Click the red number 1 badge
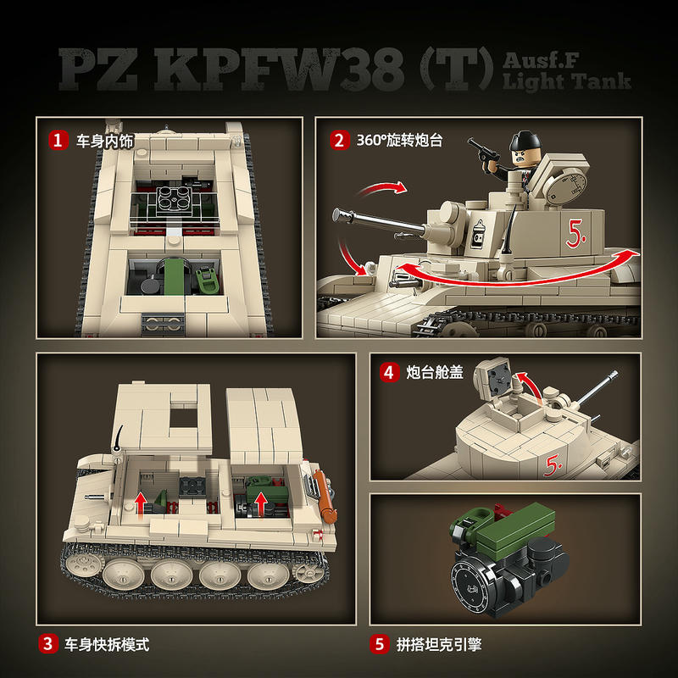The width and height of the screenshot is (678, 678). click(x=58, y=140)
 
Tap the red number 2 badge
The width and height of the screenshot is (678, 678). click(x=340, y=140)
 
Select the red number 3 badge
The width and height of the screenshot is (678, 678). click(x=47, y=643)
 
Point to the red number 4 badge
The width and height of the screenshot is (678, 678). click(x=389, y=372)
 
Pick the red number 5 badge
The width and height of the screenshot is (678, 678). click(x=379, y=644)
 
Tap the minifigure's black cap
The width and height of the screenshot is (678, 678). click(x=525, y=141)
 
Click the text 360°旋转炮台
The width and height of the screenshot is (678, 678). click(x=399, y=140)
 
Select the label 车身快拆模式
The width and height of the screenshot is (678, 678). click(x=107, y=644)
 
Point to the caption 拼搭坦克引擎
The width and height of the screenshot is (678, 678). click(x=438, y=644)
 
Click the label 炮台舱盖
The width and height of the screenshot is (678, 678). click(x=434, y=372)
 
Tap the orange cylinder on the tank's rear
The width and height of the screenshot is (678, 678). click(x=325, y=496)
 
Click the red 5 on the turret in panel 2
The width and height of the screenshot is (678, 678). click(x=575, y=234)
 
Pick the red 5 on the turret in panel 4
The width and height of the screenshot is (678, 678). click(x=553, y=465)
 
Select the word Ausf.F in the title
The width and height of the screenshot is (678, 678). click(x=541, y=60)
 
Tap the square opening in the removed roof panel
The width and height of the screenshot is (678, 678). click(x=183, y=417)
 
